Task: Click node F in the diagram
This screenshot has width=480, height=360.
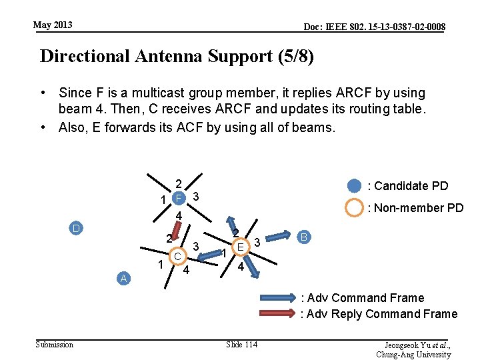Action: click(178, 198)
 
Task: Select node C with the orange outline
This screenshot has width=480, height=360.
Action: click(178, 256)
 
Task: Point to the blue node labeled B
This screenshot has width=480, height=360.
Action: click(304, 236)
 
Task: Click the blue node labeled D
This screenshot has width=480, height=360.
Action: click(77, 229)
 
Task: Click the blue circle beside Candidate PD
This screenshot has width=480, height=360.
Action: click(354, 185)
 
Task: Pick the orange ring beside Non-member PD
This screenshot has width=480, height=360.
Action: click(354, 207)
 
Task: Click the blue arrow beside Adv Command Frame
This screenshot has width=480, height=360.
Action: click(273, 298)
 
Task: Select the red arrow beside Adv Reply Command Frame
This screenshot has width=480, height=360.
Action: click(273, 313)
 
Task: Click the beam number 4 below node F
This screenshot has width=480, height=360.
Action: click(179, 216)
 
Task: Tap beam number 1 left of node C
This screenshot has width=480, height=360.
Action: click(161, 265)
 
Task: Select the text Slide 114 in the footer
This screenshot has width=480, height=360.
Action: click(242, 344)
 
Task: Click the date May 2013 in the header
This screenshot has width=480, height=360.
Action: click(53, 25)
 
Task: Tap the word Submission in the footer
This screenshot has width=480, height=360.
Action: click(55, 344)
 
